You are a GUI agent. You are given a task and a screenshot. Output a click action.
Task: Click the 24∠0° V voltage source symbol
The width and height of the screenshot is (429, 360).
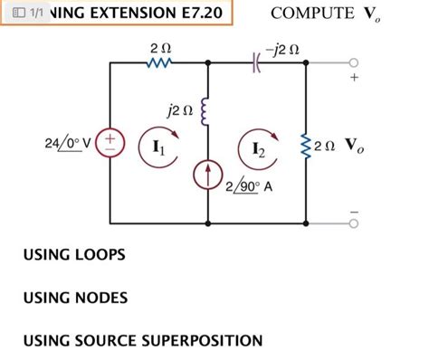[x=110, y=144]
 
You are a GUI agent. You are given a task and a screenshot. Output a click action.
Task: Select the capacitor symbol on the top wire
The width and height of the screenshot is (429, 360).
[x=257, y=62]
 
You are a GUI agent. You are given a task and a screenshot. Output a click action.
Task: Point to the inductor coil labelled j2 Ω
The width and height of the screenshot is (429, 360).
[x=208, y=111]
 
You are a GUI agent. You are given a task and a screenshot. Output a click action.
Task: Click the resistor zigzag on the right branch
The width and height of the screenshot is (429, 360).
[x=307, y=144]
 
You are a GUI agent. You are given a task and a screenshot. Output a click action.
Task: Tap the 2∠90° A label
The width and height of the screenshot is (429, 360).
[x=251, y=188]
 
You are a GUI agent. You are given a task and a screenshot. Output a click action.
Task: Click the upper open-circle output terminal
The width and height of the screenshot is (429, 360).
[x=354, y=62]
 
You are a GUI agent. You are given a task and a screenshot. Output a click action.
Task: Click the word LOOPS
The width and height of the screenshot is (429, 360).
[x=99, y=256]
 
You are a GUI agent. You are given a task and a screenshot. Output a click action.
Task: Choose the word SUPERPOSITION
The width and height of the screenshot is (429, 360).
[x=201, y=340]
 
